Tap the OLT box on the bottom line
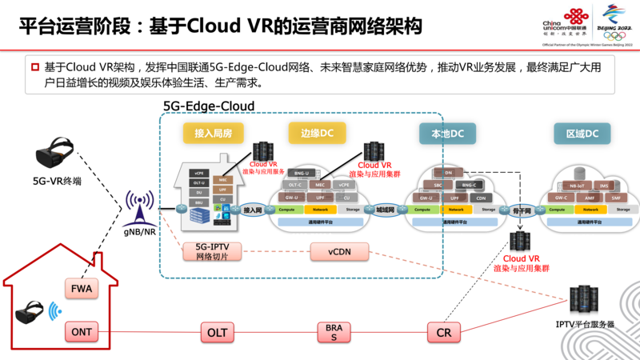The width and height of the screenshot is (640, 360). (x=218, y=330)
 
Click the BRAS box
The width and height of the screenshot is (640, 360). (x=334, y=330)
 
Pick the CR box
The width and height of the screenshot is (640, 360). (x=442, y=330)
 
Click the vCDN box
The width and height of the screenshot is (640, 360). (x=338, y=253)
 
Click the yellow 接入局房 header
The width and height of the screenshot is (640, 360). (x=213, y=134)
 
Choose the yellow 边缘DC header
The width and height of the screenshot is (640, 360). (x=317, y=134)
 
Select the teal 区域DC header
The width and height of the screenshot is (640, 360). (x=582, y=134)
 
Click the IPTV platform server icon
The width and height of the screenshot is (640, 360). (x=584, y=301)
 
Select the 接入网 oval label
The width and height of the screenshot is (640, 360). (x=253, y=210)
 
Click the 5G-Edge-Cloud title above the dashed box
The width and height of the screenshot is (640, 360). (x=209, y=106)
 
